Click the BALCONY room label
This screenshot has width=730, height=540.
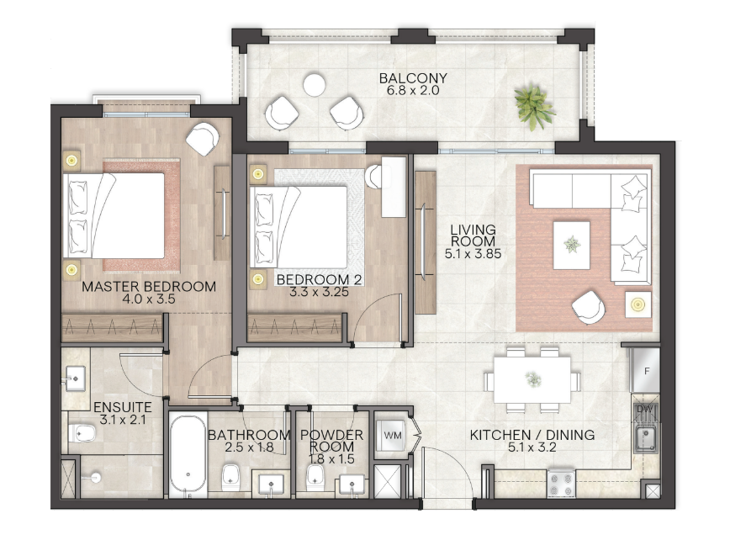[x=413, y=77]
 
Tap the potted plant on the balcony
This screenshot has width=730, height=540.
[x=533, y=108]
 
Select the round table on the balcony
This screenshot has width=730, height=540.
[x=315, y=85]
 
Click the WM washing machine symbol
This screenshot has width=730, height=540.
[x=393, y=436]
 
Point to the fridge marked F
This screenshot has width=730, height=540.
[x=646, y=371]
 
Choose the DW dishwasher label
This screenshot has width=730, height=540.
[x=645, y=409]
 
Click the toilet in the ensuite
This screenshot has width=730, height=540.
[x=82, y=433]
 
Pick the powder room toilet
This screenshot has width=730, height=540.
[x=315, y=477]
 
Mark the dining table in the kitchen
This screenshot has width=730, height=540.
[x=532, y=379]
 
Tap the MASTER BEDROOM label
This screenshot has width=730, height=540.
[x=149, y=287]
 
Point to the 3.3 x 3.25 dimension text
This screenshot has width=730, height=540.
[x=319, y=293]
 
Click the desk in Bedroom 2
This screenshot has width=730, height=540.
[x=394, y=187]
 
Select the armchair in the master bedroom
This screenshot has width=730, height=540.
[x=203, y=138]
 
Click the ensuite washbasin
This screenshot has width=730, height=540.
[x=76, y=378]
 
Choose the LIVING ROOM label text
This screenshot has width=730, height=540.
[x=473, y=236]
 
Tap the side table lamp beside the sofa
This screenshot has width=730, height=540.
[x=637, y=304]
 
